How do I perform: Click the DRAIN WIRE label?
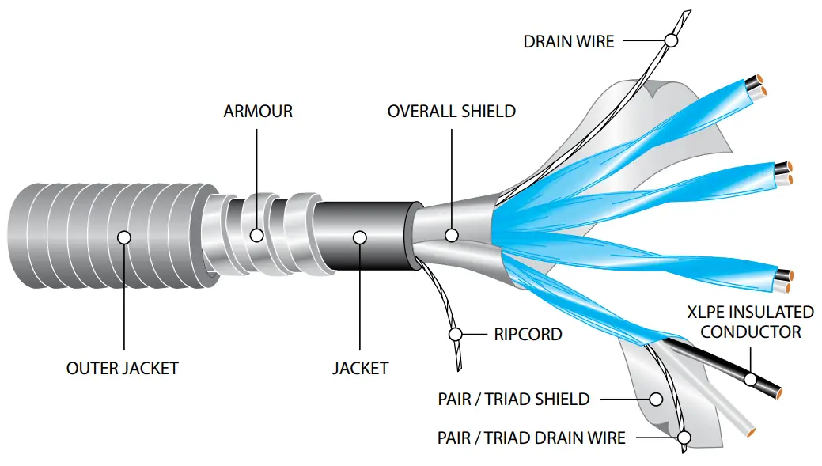568,41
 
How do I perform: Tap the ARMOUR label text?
258,112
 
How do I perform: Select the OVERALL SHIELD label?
451,112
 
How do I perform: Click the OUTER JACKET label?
123,368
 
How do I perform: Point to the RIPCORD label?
528,335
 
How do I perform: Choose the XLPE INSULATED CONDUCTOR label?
750,322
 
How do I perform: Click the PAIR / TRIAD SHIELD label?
513,399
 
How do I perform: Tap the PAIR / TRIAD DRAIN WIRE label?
531,438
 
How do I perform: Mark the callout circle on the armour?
257,235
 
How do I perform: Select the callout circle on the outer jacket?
123,236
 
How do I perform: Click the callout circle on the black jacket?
359,236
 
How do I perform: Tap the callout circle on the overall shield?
452,235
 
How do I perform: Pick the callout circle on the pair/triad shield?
656,398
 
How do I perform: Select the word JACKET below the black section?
360,368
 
